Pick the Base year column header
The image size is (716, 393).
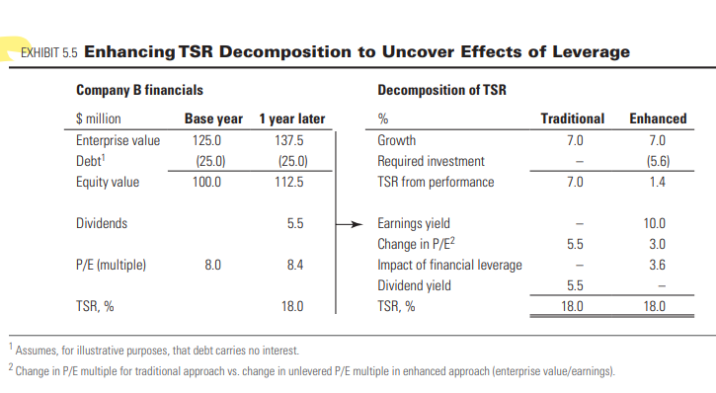(x=214, y=119)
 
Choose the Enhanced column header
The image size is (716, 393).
(x=658, y=119)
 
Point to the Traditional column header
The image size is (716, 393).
(x=573, y=119)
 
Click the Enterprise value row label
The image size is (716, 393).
(x=118, y=140)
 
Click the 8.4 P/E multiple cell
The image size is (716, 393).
(x=293, y=265)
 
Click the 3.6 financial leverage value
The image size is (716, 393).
(x=657, y=265)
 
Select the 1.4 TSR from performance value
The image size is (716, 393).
(x=657, y=182)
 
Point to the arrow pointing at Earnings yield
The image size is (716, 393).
(x=351, y=224)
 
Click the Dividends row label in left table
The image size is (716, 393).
(x=102, y=223)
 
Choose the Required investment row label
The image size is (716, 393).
(x=432, y=161)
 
